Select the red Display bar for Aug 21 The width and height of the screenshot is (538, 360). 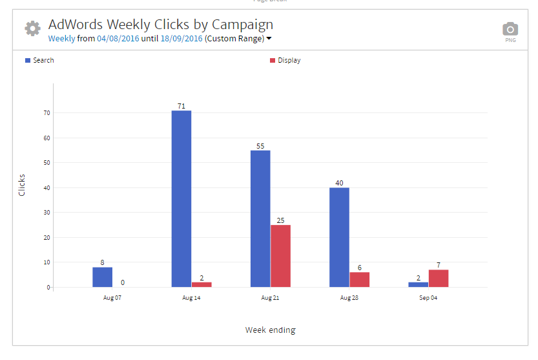click(x=280, y=256)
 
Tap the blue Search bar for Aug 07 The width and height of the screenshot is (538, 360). click(x=102, y=277)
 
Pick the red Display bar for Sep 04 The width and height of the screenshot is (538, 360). click(x=439, y=279)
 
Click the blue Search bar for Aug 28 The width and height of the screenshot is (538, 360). click(x=339, y=237)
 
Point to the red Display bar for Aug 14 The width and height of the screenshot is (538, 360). click(x=202, y=284)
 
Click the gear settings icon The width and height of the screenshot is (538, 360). click(x=32, y=28)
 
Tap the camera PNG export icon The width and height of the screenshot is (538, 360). click(x=510, y=29)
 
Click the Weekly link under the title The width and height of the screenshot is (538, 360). click(x=61, y=39)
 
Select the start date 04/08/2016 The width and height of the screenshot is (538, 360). click(x=118, y=39)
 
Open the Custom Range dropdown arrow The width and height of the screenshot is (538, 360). click(x=269, y=39)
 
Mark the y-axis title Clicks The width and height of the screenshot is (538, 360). click(x=22, y=185)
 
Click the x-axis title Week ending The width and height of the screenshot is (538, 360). click(x=270, y=330)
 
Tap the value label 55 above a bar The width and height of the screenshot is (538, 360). click(x=260, y=146)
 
